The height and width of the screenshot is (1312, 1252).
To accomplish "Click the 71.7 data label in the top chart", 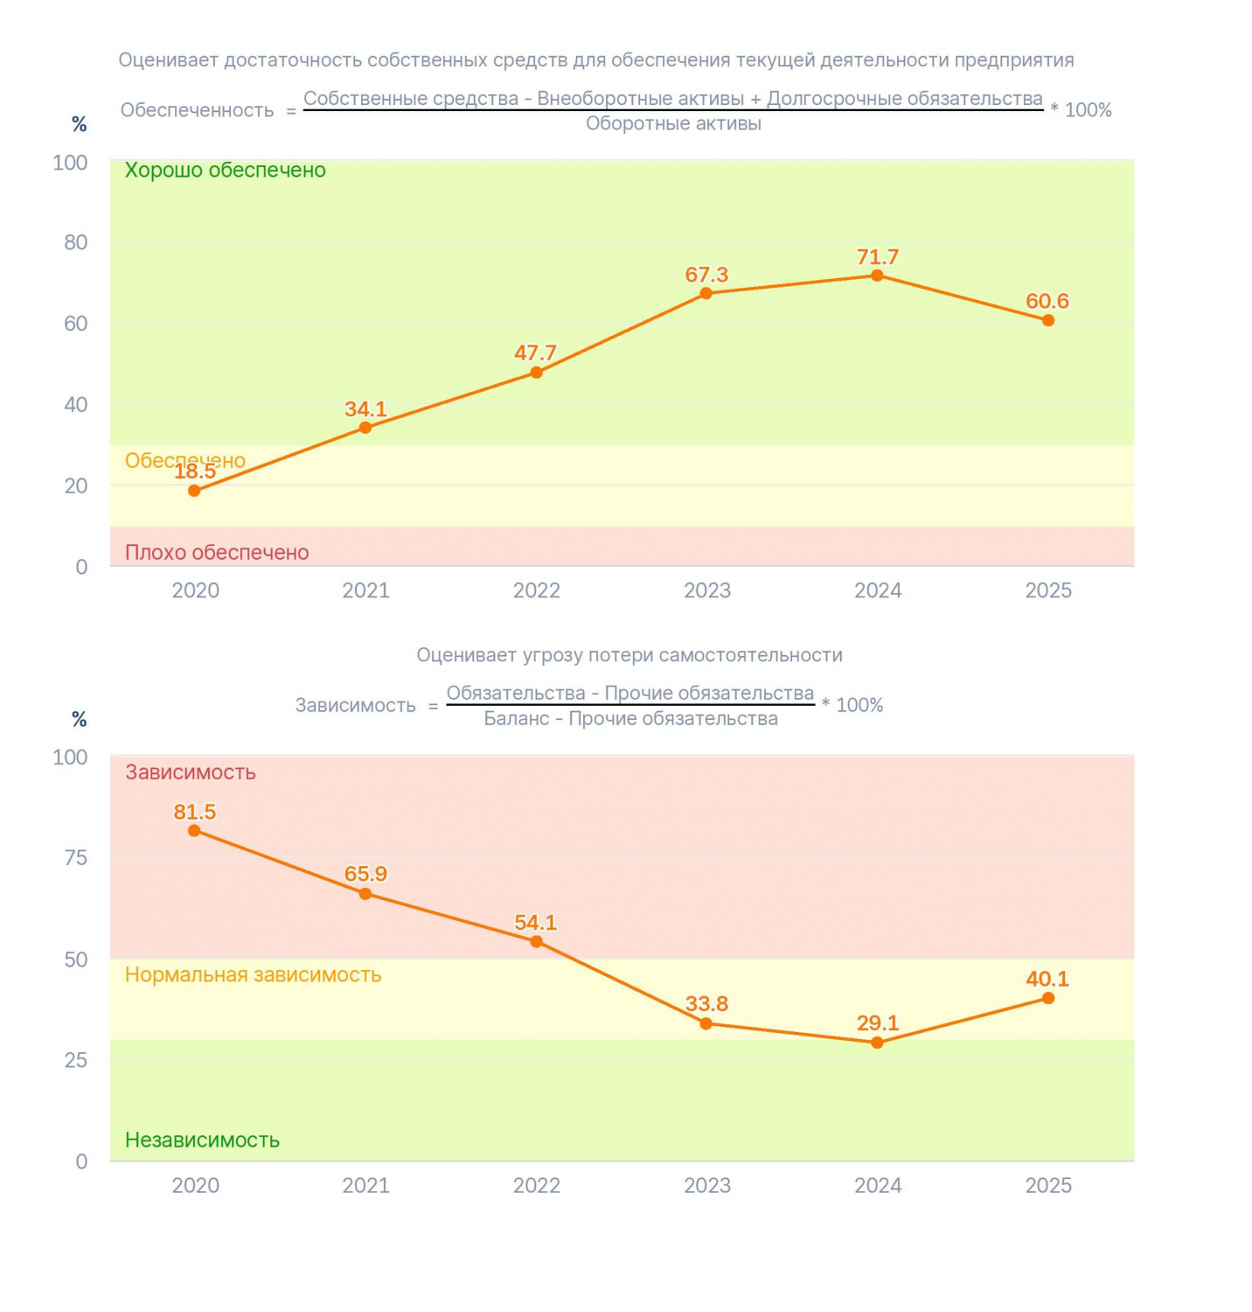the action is coord(877,257).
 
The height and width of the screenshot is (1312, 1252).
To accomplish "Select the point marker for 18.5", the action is coord(194,491).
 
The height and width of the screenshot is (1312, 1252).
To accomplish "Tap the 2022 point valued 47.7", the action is coord(536,373).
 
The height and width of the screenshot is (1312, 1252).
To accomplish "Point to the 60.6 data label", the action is coord(1047,302).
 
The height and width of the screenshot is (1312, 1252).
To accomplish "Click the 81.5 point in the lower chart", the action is coord(194,831).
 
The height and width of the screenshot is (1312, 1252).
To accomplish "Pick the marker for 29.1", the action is coord(877,1043).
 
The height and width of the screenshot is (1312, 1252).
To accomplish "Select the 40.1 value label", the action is coord(1047,979).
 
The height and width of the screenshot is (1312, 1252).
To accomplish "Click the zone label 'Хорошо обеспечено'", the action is coord(225,171).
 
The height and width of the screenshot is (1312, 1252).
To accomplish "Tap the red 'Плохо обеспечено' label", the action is coord(217,553).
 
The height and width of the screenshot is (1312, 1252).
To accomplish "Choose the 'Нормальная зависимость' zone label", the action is coord(253,975).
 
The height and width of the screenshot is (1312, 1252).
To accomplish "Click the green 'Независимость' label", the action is coord(202,1140).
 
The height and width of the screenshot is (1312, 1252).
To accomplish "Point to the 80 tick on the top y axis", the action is coord(76,243).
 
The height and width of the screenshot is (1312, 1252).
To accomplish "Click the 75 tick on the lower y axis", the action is coord(76,858).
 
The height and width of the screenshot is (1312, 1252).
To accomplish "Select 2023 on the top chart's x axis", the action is coord(706,591).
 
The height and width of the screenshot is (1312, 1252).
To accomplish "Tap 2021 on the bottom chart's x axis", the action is coord(365,1186).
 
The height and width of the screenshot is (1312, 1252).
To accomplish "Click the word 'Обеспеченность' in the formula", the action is coord(197,111).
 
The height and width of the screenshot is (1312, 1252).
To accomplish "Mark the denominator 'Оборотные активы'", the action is coord(673,124).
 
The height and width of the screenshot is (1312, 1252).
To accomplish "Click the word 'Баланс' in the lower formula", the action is coord(516,719).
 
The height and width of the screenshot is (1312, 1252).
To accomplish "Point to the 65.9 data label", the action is coord(365,874).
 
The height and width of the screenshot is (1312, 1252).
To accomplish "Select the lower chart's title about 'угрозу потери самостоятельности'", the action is coord(629,656).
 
